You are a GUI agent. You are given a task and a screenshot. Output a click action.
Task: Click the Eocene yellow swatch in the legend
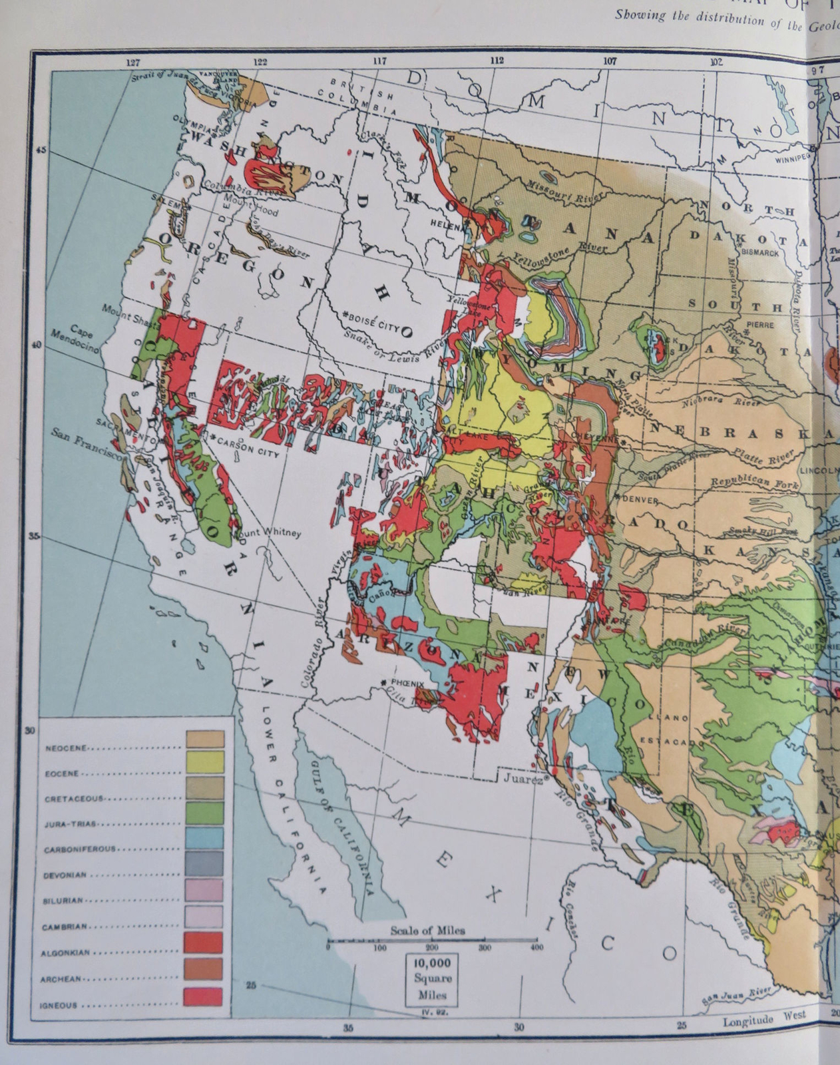coord(204,763)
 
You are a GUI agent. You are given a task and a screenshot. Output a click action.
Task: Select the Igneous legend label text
coord(61,1005)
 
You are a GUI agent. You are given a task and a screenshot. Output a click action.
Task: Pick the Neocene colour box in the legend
coord(204,738)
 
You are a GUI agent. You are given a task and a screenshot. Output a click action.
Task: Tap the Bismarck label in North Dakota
coord(759,253)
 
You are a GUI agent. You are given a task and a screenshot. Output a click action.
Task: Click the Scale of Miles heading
coord(428,930)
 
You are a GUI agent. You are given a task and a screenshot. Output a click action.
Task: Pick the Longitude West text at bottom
coord(764,1018)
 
